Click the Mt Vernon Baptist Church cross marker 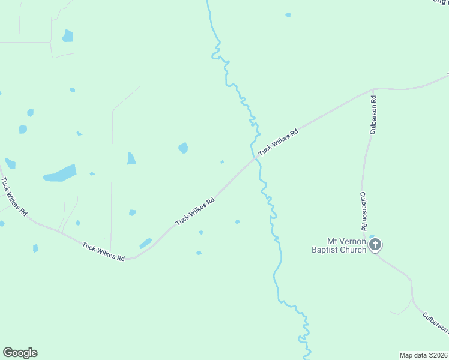click(375, 244)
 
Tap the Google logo click(20, 353)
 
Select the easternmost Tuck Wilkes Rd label click(278, 143)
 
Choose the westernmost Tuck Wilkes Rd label click(13, 196)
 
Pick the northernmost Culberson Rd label click(373, 113)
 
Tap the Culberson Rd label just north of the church click(363, 211)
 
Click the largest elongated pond click(60, 173)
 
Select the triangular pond click(131, 158)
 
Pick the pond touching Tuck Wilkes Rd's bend click(146, 243)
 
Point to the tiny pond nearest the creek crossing click(222, 161)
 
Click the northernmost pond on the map click(288, 14)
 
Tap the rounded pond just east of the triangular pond click(183, 148)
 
